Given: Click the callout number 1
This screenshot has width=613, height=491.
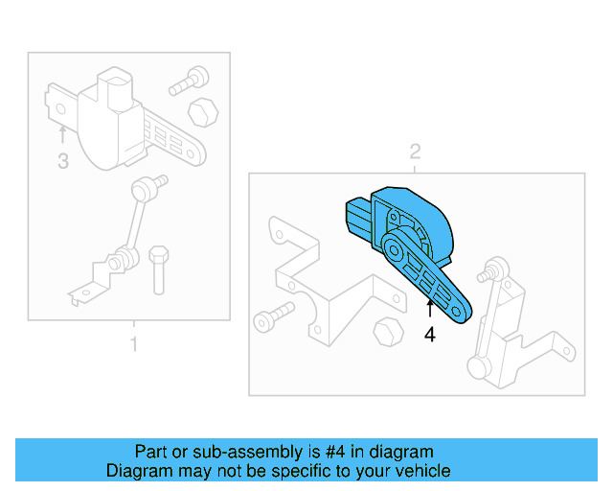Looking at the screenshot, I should pyautogui.click(x=133, y=342).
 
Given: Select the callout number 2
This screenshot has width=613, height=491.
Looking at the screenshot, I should pyautogui.click(x=415, y=151).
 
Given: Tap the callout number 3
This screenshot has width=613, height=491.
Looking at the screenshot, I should pyautogui.click(x=63, y=162).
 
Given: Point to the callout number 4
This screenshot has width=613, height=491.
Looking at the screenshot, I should pyautogui.click(x=430, y=335).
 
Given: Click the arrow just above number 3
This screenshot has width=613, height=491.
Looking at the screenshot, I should pyautogui.click(x=63, y=132).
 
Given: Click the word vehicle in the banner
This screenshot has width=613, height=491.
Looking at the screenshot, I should pyautogui.click(x=419, y=471).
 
